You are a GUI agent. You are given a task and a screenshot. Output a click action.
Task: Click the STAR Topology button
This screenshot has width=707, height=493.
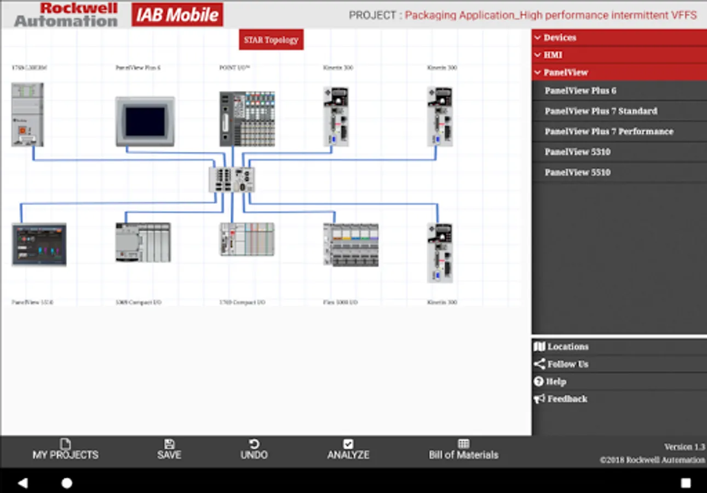271,39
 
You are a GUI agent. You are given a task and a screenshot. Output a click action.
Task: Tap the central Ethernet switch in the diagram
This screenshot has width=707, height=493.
232,180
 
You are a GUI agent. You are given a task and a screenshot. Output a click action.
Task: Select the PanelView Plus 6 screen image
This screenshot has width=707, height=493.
145,122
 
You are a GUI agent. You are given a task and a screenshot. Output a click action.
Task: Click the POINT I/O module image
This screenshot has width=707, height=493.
247,119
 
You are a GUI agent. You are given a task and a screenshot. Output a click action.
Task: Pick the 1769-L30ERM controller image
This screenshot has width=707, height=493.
27,115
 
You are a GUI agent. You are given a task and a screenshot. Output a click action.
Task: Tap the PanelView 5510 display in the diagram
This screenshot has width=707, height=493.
39,244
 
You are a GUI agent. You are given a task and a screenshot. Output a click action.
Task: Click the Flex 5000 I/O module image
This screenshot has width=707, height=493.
350,244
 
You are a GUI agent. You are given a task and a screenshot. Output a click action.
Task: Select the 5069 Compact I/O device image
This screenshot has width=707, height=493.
143,242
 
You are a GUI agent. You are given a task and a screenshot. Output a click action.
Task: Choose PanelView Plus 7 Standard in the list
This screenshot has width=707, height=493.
601,111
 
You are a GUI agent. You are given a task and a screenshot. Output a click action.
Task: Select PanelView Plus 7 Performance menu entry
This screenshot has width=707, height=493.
609,131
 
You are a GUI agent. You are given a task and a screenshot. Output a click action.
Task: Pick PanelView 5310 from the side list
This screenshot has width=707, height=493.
577,152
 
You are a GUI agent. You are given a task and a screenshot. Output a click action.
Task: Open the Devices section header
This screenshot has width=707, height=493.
559,38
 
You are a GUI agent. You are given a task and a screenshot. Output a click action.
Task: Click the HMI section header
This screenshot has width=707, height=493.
553,55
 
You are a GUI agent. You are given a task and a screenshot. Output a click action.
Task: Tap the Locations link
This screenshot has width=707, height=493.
567,347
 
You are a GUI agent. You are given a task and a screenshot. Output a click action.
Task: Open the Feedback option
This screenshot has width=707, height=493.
567,399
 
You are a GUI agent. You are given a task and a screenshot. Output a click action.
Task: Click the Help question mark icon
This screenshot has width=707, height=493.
538,381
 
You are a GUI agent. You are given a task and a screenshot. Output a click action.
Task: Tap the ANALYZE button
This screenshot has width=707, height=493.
348,449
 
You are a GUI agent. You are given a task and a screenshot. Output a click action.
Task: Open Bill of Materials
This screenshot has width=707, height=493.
463,449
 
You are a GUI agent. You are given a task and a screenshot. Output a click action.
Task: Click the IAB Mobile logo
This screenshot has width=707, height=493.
177,15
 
